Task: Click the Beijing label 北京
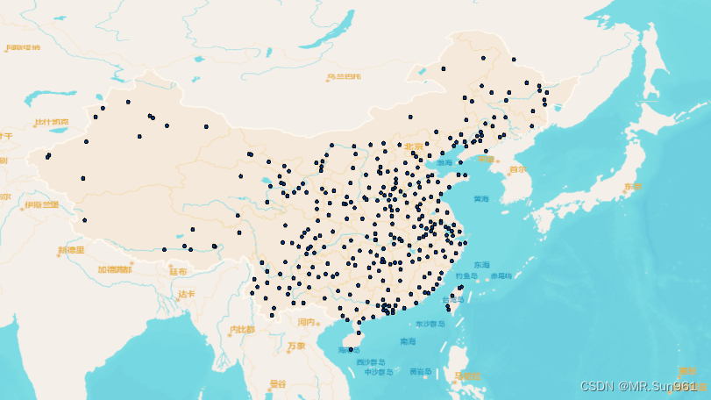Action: click(x=413, y=146)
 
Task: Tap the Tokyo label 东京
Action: click(x=632, y=187)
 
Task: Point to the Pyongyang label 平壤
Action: click(x=487, y=158)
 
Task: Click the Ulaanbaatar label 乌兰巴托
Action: click(x=344, y=77)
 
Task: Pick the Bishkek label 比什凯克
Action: click(x=51, y=122)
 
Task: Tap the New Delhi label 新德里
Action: click(x=72, y=250)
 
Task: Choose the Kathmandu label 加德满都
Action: click(x=115, y=269)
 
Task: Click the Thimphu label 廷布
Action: click(x=178, y=272)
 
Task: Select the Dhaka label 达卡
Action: click(x=187, y=294)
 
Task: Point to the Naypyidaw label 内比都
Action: click(x=241, y=330)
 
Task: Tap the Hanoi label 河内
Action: click(x=306, y=322)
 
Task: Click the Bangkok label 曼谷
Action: click(x=278, y=383)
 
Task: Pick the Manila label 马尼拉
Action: click(x=467, y=376)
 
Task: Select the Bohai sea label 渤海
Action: click(x=445, y=162)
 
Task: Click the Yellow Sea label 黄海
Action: click(x=481, y=198)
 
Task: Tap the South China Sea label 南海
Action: click(x=408, y=341)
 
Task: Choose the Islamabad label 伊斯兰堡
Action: click(x=42, y=204)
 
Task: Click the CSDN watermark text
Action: click(x=638, y=385)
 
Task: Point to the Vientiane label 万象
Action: click(x=296, y=346)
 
